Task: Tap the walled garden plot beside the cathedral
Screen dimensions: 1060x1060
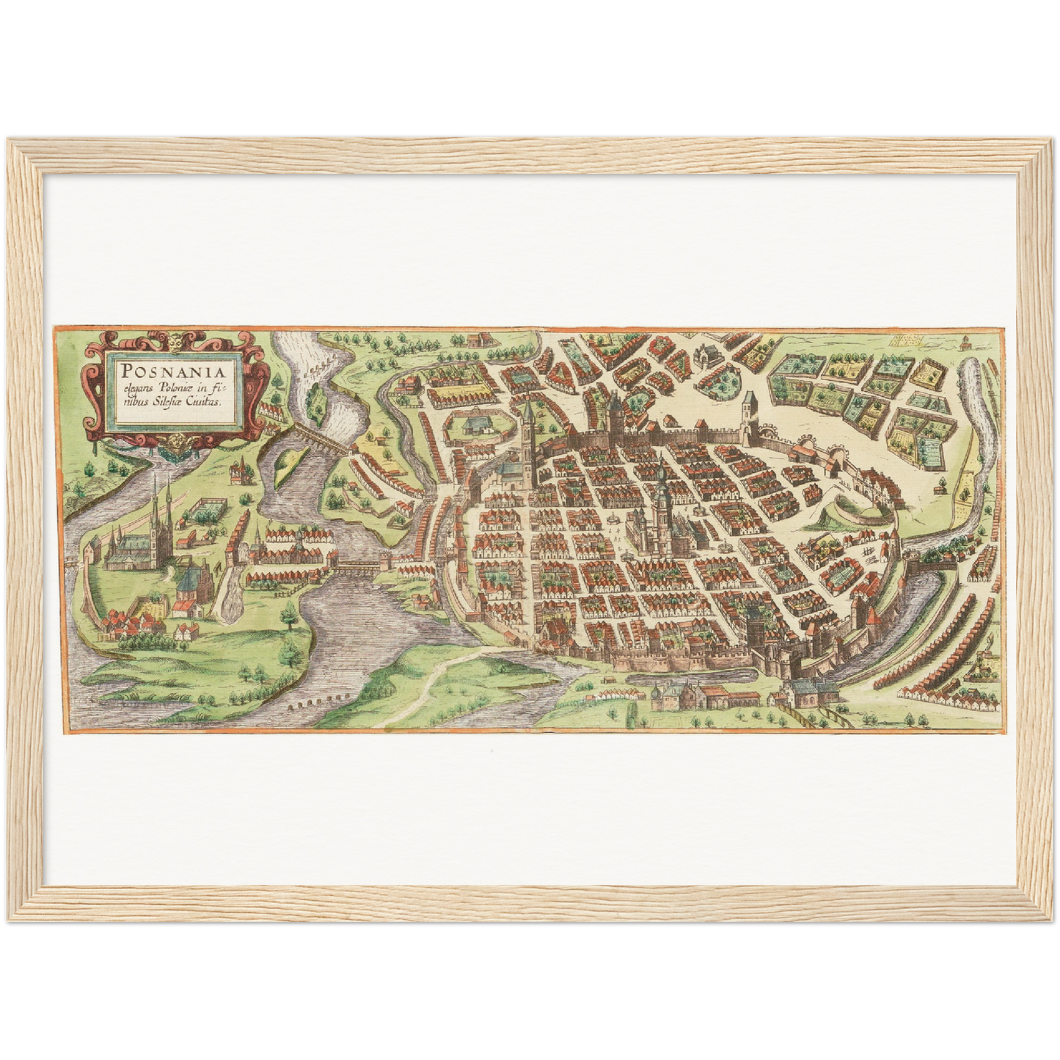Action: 205,506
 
